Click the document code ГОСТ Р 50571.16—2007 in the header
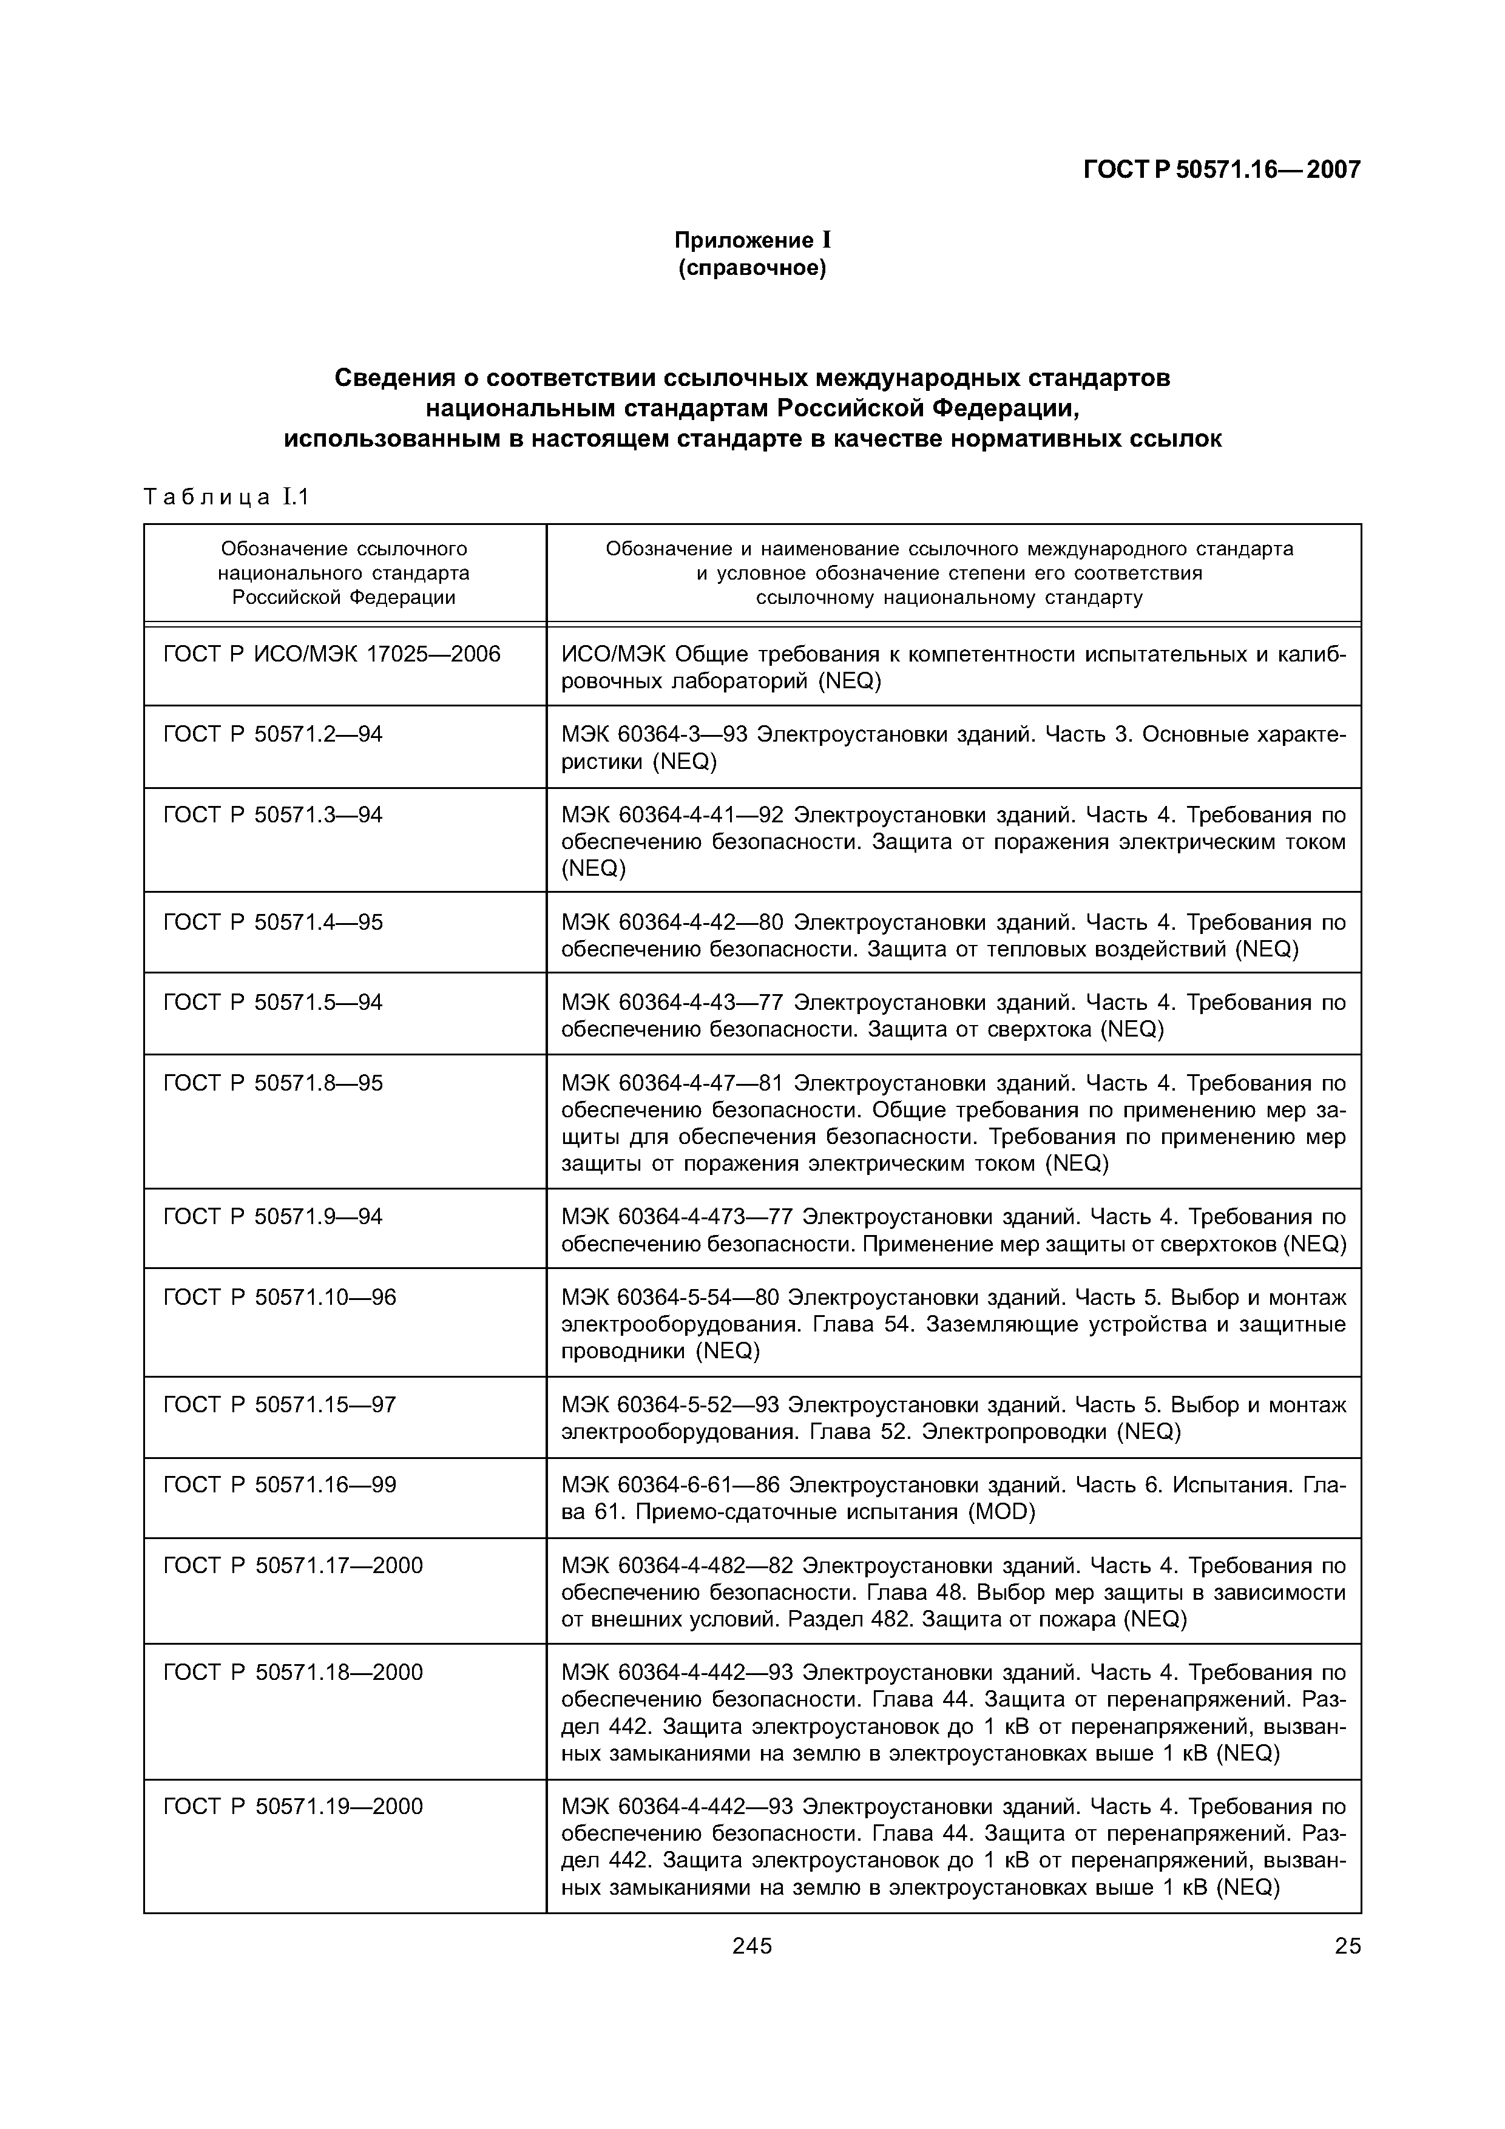[x=1221, y=170]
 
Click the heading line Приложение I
[x=751, y=240]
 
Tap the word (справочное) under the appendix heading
[x=751, y=269]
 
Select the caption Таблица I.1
[x=225, y=497]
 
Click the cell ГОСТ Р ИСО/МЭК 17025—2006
[x=331, y=655]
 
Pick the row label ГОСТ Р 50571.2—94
[x=272, y=734]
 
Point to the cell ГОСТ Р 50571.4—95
[x=272, y=922]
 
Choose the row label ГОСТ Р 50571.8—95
[x=272, y=1083]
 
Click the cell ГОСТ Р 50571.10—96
[x=279, y=1297]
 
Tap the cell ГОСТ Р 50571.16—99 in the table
[x=279, y=1486]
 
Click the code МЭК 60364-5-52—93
[x=671, y=1405]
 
